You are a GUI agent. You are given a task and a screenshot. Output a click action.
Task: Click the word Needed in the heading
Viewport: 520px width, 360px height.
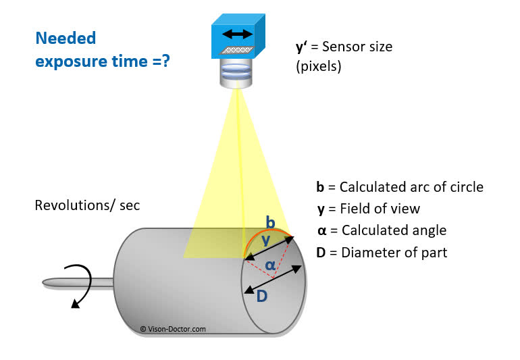pos(66,38)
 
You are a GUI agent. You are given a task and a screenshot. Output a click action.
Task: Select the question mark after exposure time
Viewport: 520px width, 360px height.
pos(165,61)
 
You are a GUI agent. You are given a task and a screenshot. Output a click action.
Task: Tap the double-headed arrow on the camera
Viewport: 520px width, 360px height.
pos(238,34)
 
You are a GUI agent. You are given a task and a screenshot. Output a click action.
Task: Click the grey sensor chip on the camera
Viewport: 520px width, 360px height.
pos(236,50)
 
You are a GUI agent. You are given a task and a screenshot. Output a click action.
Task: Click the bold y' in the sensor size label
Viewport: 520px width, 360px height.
pos(302,47)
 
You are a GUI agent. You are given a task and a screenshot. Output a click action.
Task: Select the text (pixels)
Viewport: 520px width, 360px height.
pos(318,66)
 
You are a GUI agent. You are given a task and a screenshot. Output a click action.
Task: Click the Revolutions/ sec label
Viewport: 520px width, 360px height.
pos(87,205)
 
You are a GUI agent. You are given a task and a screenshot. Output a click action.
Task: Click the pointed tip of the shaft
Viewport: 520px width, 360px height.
pos(43,283)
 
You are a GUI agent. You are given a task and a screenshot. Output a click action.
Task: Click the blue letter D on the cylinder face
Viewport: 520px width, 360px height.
pos(261,296)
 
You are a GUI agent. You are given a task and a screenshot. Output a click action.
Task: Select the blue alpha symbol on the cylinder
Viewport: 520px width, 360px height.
pos(270,265)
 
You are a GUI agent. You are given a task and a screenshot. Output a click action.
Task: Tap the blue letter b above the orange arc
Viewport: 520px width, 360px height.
pos(271,222)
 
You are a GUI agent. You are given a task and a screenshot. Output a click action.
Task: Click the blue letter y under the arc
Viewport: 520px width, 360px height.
pos(265,240)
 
